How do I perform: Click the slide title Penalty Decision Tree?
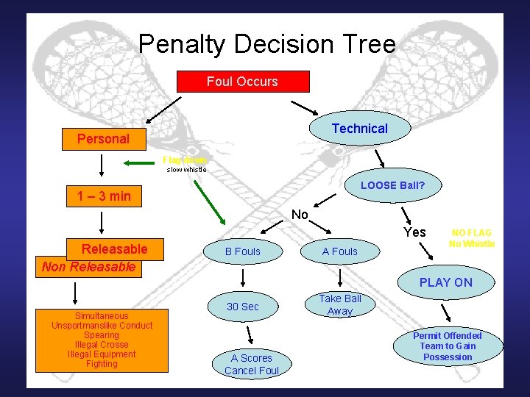pyautogui.click(x=266, y=44)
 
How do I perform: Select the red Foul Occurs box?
pyautogui.click(x=242, y=82)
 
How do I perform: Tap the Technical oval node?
pyautogui.click(x=359, y=129)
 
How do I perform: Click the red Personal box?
pyautogui.click(x=103, y=138)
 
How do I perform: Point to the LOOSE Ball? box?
pyautogui.click(x=392, y=185)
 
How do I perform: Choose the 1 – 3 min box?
pyautogui.click(x=104, y=196)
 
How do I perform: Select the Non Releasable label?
pyautogui.click(x=88, y=267)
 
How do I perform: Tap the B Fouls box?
pyautogui.click(x=242, y=251)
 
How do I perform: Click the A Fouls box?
pyautogui.click(x=339, y=251)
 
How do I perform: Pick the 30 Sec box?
pyautogui.click(x=242, y=306)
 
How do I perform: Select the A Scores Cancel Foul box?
pyautogui.click(x=251, y=364)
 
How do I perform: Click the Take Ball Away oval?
pyautogui.click(x=339, y=304)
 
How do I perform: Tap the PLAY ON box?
pyautogui.click(x=446, y=282)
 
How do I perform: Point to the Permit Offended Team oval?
pyautogui.click(x=447, y=346)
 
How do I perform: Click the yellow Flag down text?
pyautogui.click(x=185, y=160)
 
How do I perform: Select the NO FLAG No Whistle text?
pyautogui.click(x=472, y=238)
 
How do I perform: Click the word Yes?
pyautogui.click(x=415, y=232)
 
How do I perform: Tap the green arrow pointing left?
pyautogui.click(x=137, y=163)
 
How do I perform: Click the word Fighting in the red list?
pyautogui.click(x=102, y=364)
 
